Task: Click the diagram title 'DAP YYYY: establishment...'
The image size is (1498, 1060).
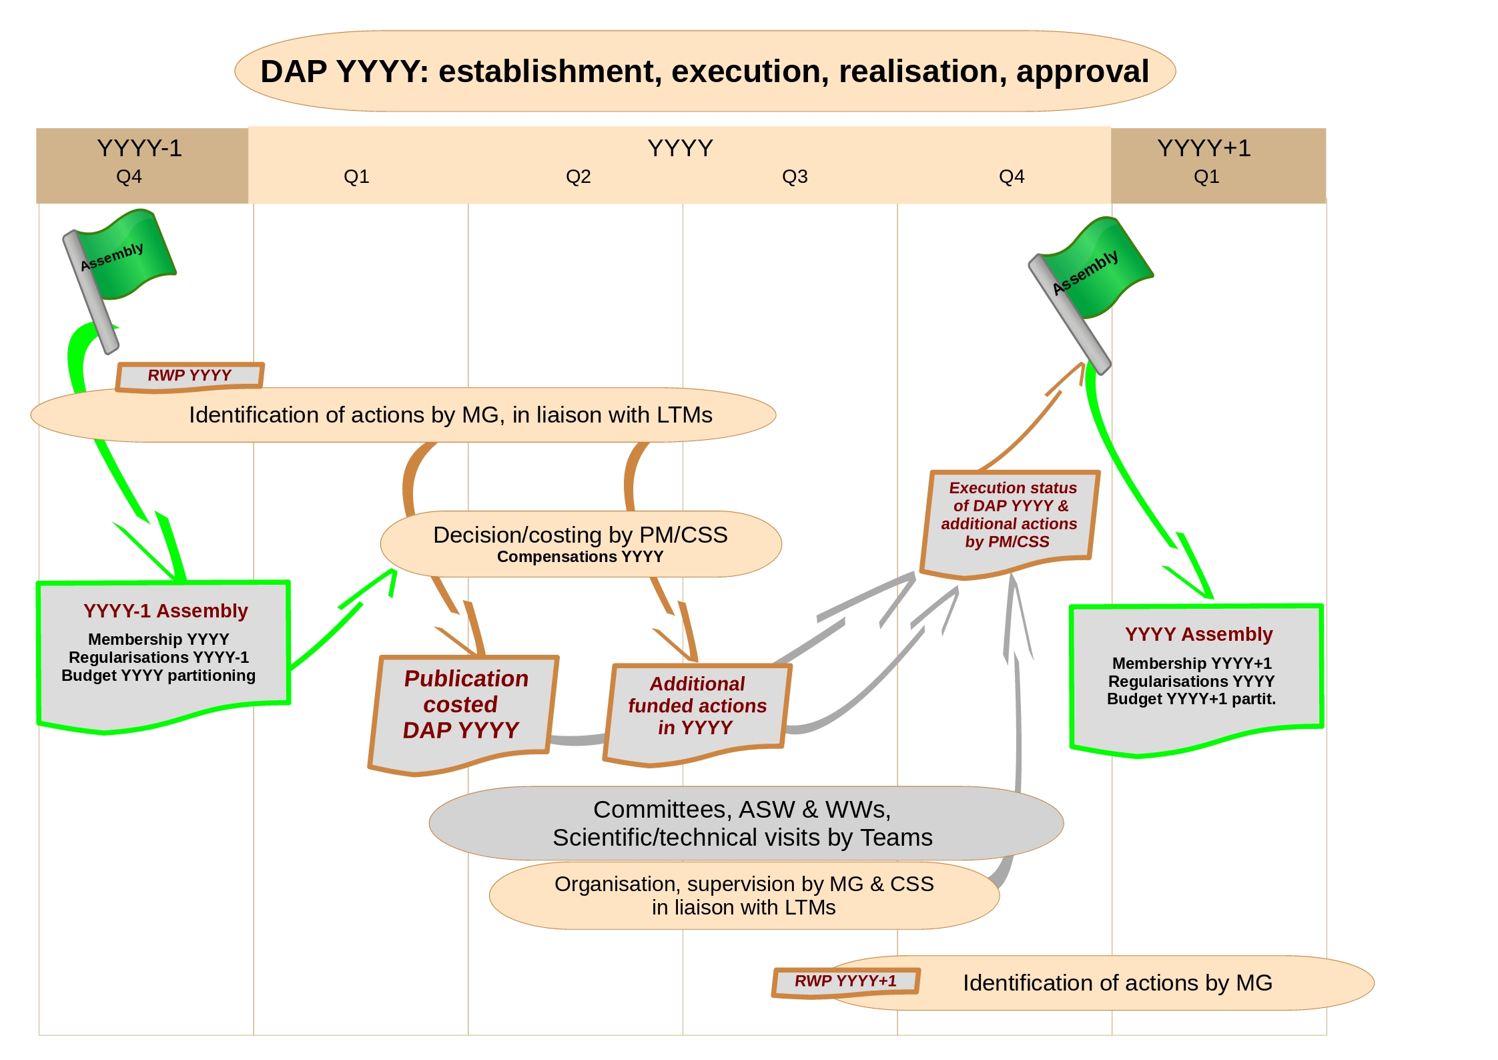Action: (704, 71)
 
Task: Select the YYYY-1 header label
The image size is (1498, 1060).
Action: (139, 148)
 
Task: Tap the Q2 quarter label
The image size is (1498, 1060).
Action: (578, 177)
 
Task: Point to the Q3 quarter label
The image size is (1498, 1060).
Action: (795, 177)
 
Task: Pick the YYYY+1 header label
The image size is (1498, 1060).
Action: (1204, 148)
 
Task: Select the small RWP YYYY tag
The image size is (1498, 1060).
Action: (190, 376)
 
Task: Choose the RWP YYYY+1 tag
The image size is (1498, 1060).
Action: (845, 981)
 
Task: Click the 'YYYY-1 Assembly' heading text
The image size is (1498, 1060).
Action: (165, 611)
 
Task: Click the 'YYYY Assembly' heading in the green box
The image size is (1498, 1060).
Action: (1198, 634)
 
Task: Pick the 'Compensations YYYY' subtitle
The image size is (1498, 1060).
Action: (580, 557)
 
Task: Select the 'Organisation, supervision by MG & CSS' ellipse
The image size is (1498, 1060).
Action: (743, 895)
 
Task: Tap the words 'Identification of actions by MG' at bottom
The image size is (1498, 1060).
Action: (1117, 983)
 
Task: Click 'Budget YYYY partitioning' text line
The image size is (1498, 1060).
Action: (158, 676)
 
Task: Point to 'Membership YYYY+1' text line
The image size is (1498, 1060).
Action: (1192, 664)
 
